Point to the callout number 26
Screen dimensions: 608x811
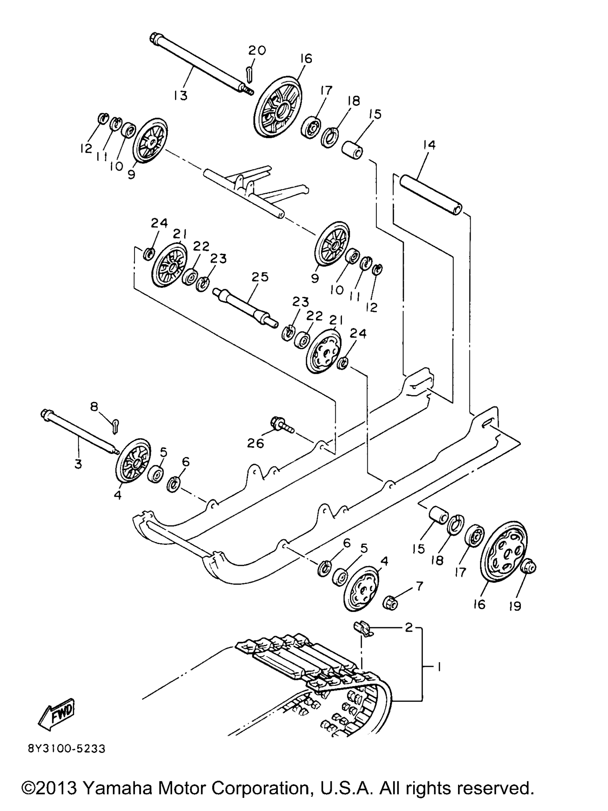point(255,443)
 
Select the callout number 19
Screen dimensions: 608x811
point(515,606)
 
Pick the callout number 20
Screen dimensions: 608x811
point(257,50)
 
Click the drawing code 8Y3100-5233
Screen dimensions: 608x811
point(67,749)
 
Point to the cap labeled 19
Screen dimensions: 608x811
point(528,566)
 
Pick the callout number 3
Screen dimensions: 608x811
point(78,464)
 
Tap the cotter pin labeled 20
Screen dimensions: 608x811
point(249,74)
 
